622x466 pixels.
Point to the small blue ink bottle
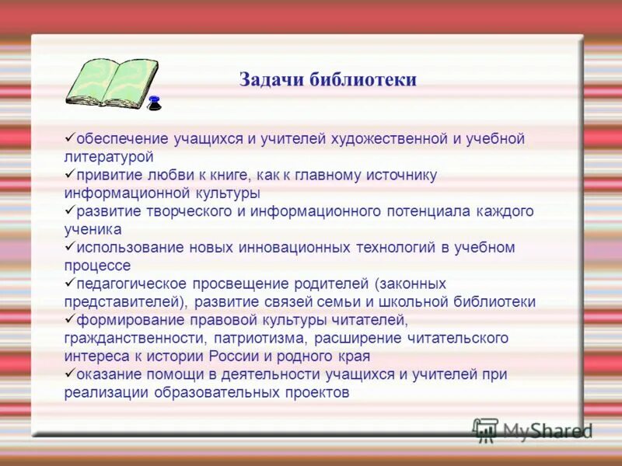[154, 103]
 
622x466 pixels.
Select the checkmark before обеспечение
[69, 137]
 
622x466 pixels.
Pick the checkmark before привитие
[69, 173]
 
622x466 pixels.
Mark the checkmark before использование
[69, 245]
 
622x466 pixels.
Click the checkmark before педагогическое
[69, 282]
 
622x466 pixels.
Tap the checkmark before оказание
[69, 373]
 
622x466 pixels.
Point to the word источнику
[400, 176]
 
